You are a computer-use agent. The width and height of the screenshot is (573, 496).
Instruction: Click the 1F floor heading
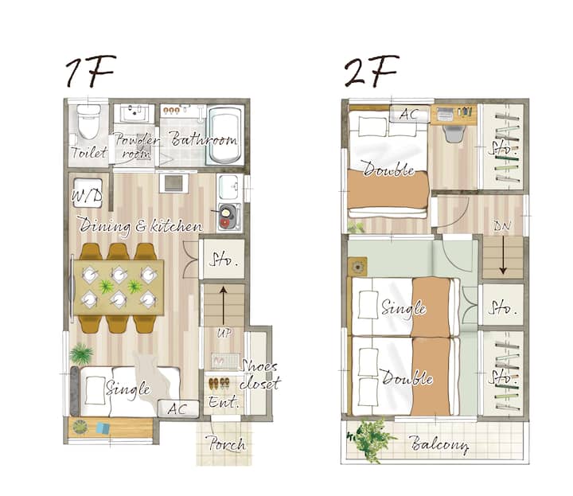click(x=91, y=71)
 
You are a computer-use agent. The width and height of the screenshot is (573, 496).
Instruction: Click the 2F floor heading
click(x=372, y=71)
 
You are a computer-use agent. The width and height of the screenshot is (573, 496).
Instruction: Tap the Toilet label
click(x=89, y=152)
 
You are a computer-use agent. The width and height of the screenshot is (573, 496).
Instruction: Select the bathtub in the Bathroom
click(x=225, y=135)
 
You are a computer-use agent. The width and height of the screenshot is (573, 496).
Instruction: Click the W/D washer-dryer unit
click(x=88, y=193)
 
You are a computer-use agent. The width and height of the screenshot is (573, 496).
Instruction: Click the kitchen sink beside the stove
click(x=229, y=186)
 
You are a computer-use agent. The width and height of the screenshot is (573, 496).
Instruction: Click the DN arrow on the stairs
click(x=503, y=255)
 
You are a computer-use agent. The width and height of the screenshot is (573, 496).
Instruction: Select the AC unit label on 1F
click(x=177, y=409)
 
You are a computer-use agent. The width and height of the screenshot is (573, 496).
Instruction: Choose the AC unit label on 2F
click(x=408, y=114)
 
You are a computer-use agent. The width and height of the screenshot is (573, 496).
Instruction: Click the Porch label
click(x=227, y=443)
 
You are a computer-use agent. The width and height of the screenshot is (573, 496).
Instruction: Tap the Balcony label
click(x=439, y=444)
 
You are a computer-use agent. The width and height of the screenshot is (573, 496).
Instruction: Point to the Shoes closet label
click(x=259, y=375)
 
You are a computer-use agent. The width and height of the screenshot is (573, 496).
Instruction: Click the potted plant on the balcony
click(x=371, y=439)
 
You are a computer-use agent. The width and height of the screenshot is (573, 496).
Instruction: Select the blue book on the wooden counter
click(x=103, y=428)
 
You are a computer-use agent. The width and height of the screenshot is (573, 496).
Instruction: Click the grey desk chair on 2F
click(x=454, y=133)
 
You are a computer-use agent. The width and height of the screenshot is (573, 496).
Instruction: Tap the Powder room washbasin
click(x=134, y=113)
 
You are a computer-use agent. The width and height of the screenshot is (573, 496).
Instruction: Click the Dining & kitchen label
click(x=141, y=225)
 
